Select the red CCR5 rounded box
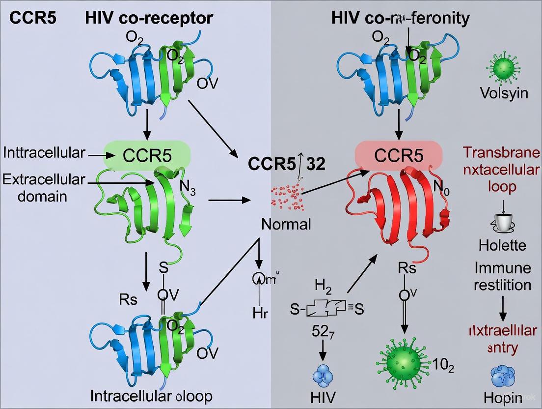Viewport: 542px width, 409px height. tap(399, 156)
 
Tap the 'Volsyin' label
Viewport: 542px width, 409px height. tap(505, 93)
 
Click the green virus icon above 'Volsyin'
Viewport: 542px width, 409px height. tap(504, 68)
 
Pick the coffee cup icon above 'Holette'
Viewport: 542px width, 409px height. tap(502, 224)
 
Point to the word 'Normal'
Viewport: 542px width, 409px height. tap(286, 225)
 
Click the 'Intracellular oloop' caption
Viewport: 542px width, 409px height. tap(152, 396)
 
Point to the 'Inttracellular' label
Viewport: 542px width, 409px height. tap(44, 153)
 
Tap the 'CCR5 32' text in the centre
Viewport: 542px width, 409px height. tap(286, 163)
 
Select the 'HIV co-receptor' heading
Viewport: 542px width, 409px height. tap(149, 18)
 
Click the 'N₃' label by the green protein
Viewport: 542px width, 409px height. tap(187, 187)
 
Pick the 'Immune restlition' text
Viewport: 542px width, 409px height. tap(502, 276)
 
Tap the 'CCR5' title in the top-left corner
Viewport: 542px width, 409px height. tap(32, 18)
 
